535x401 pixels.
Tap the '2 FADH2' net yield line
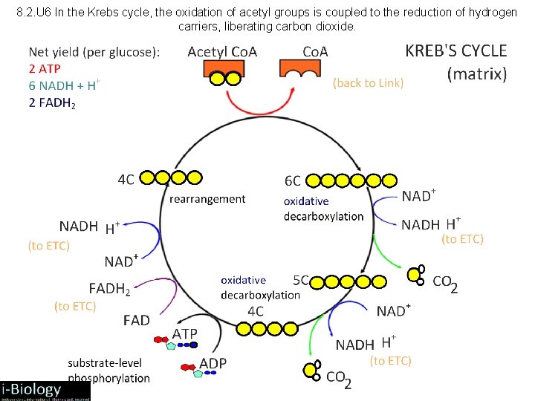(x=52, y=102)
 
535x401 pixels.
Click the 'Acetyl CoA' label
(x=222, y=51)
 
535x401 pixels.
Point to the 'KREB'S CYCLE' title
(x=455, y=50)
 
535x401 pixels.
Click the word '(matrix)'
(x=477, y=74)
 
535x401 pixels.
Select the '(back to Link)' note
(x=368, y=82)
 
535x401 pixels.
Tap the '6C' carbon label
(x=293, y=180)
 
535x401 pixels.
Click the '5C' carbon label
(x=301, y=280)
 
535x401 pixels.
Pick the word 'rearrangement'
(x=207, y=198)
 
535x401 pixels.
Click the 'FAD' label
(x=136, y=320)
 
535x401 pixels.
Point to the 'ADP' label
(x=213, y=363)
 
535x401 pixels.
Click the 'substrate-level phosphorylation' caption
(x=108, y=370)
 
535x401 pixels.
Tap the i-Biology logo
(x=45, y=391)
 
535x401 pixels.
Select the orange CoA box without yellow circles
(x=304, y=68)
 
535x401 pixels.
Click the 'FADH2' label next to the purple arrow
(x=109, y=288)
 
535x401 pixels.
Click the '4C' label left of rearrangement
(x=126, y=179)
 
